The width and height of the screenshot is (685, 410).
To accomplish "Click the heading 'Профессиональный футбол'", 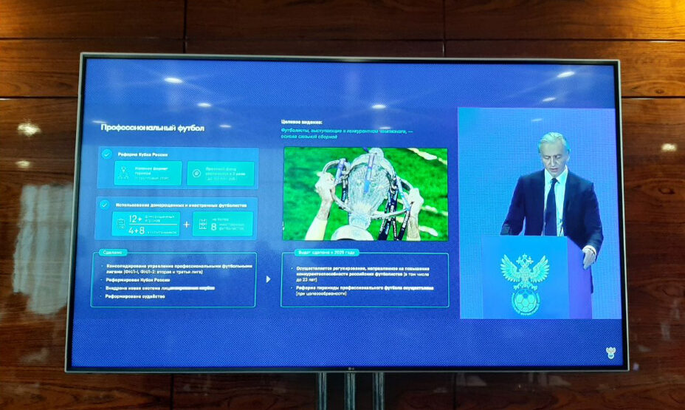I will (x=152, y=128).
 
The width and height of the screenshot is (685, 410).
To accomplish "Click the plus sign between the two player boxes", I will (x=186, y=224).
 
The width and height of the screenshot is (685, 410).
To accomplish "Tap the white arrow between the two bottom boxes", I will (x=268, y=279).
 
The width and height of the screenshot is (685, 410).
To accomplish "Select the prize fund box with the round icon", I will (x=221, y=174).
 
